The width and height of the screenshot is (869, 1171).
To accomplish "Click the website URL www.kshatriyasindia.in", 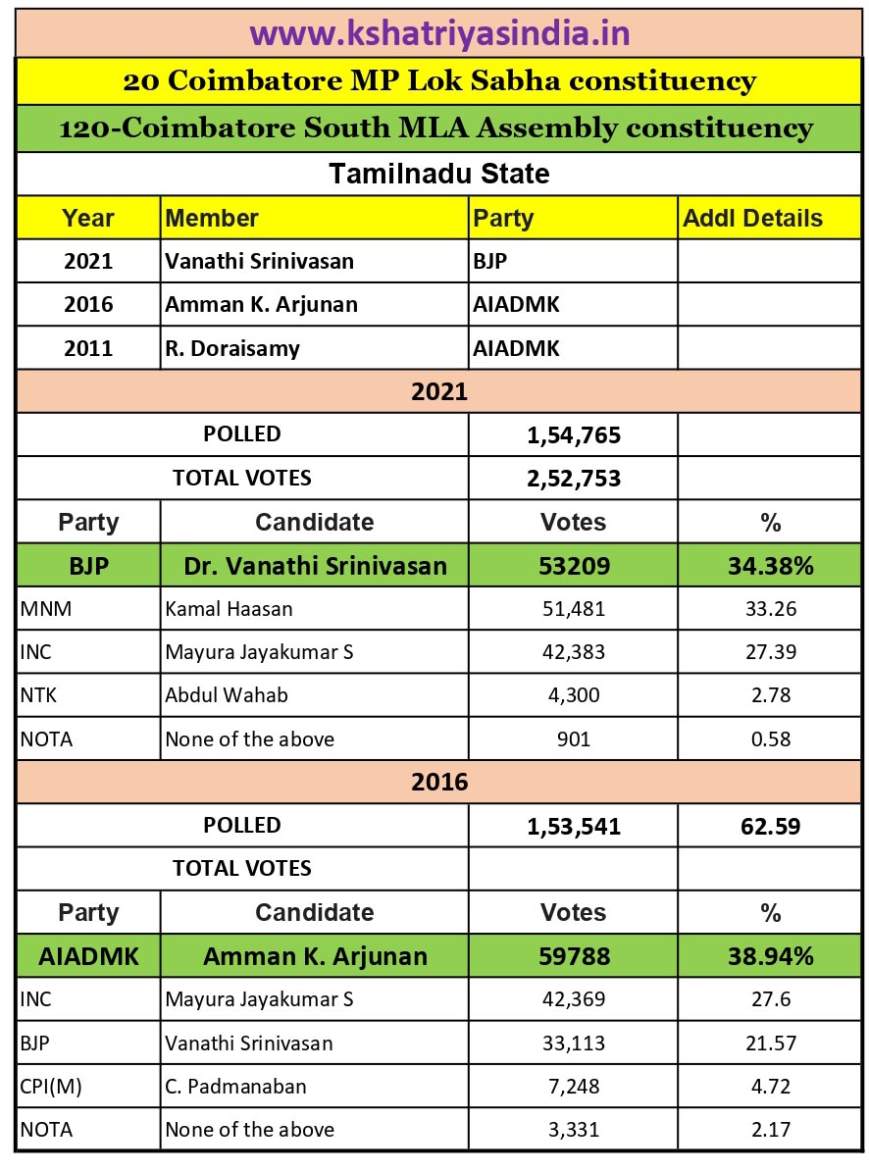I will point(439,33).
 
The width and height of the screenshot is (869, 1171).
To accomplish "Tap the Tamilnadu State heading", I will point(438,174).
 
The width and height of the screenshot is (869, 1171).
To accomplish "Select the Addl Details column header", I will point(752,218).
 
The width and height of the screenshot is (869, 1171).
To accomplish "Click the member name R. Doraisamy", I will point(232,348).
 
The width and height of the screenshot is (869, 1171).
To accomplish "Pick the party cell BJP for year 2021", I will point(490,262).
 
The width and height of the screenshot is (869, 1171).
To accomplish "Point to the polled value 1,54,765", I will point(574,434).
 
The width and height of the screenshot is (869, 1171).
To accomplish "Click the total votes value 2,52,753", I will point(574,479).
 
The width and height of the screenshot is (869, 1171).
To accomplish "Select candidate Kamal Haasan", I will point(229,609).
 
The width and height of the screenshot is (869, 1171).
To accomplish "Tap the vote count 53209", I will point(574,566).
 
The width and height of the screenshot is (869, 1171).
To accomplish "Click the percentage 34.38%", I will point(770,566).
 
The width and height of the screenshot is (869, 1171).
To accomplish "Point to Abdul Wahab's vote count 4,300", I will point(574,695).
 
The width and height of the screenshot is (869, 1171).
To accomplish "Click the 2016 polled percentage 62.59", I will point(770,826).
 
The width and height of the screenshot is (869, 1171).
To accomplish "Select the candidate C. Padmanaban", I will point(235,1087).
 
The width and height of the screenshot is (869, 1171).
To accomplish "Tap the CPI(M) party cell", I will point(51,1087).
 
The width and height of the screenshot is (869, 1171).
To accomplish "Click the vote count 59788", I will point(574,956).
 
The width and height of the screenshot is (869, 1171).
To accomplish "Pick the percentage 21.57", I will point(770,1043).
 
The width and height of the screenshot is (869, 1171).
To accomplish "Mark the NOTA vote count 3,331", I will point(574,1130).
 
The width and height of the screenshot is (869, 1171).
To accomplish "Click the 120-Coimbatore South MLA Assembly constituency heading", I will point(436,128).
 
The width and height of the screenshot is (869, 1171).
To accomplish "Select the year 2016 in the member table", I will point(88,305).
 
